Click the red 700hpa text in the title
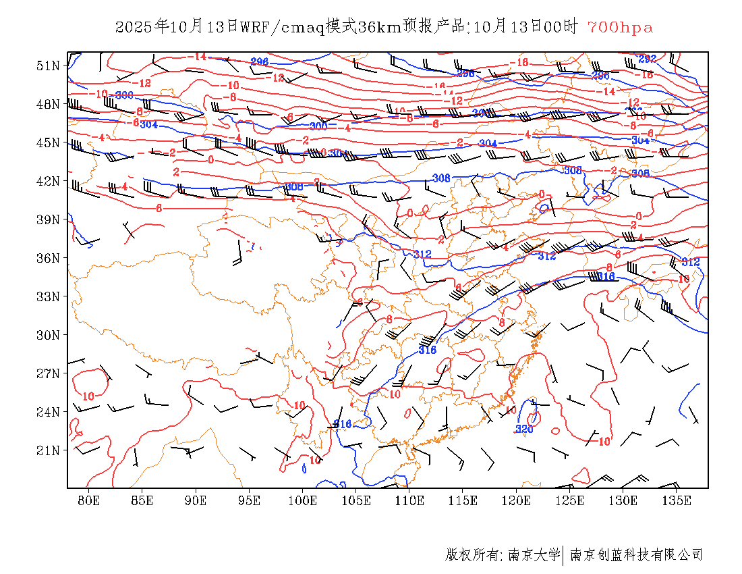[x=620, y=28]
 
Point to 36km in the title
[x=379, y=28]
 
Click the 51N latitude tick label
[x=49, y=66]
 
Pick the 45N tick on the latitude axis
[x=49, y=142]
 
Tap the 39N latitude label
[x=49, y=219]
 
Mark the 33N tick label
[x=49, y=296]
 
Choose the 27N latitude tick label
[x=49, y=373]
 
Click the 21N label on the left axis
[x=49, y=450]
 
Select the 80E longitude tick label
[x=88, y=500]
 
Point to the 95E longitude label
[x=249, y=500]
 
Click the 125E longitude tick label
[x=570, y=500]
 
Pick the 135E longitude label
[x=677, y=500]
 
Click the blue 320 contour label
[x=525, y=429]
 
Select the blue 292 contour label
[x=647, y=59]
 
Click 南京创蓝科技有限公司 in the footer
[x=636, y=555]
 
